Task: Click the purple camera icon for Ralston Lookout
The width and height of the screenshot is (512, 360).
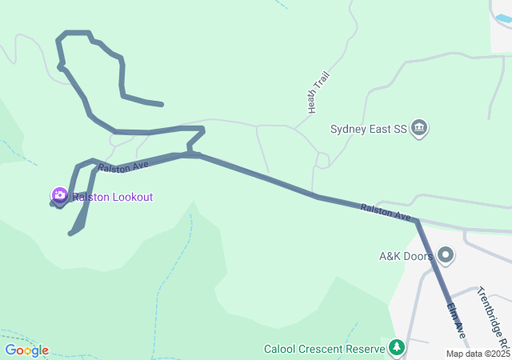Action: coord(59,195)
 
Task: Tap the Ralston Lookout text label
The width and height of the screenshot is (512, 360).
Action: coord(113,197)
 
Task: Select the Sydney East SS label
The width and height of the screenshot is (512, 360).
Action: coord(369,129)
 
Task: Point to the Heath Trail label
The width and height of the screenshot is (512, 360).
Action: coord(318,91)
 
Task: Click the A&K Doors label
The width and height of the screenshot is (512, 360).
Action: coord(406,257)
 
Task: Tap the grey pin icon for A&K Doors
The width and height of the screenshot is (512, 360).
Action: coord(446,257)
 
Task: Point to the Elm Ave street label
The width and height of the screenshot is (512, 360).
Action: coord(456,318)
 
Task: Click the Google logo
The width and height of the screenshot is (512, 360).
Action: coord(26,350)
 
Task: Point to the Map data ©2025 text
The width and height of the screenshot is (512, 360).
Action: coord(478,354)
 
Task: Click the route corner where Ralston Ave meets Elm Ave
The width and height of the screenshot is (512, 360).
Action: coord(416,221)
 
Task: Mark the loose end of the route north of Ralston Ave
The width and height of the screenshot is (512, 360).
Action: coord(162,104)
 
